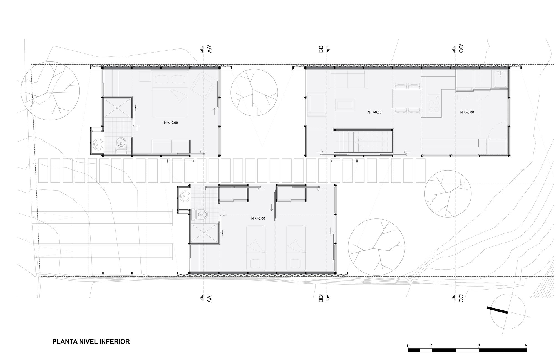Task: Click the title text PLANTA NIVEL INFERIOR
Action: pyautogui.click(x=91, y=341)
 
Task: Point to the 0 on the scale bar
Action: pyautogui.click(x=408, y=346)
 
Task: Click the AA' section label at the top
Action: pyautogui.click(x=210, y=49)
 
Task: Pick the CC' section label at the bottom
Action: pyautogui.click(x=461, y=299)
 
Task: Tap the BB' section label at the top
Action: pyautogui.click(x=321, y=49)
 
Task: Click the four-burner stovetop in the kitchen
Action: pyautogui.click(x=434, y=103)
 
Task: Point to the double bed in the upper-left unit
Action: pyautogui.click(x=170, y=94)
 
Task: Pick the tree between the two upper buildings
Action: pyautogui.click(x=254, y=93)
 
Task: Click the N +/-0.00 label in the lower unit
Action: pyautogui.click(x=258, y=218)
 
